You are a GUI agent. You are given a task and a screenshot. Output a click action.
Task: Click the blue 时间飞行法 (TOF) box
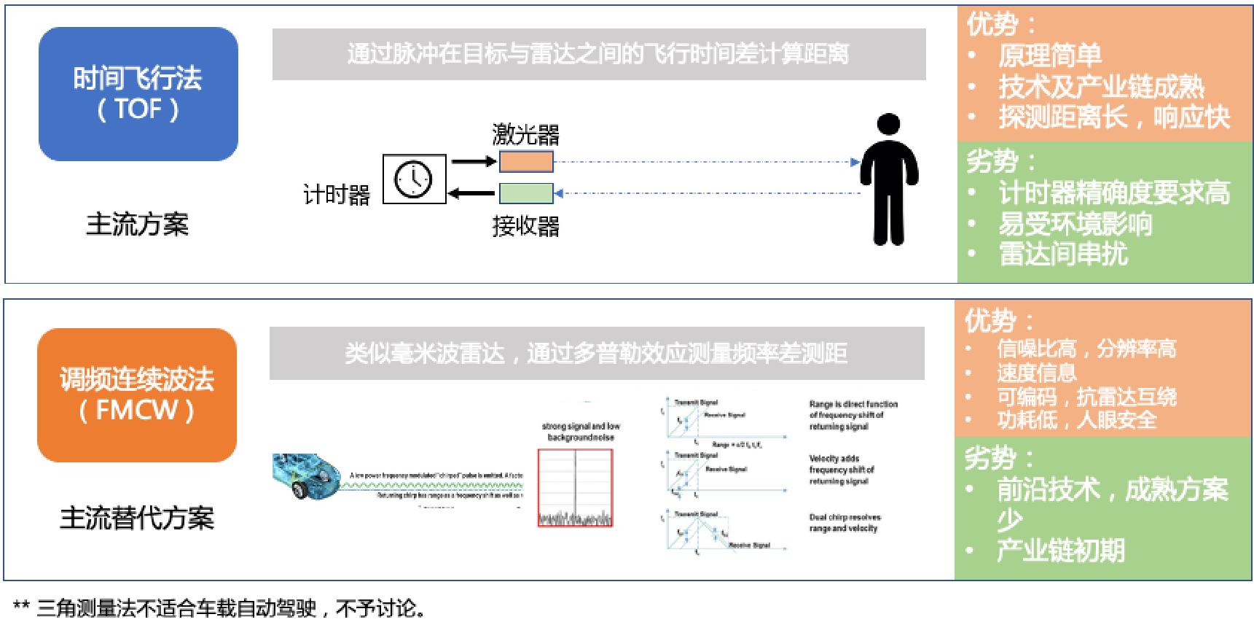(138, 94)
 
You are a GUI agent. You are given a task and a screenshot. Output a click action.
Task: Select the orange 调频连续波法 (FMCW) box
(137, 395)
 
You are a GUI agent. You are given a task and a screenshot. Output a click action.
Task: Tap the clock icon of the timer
(413, 179)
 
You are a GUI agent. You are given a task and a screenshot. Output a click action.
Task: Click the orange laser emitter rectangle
(525, 162)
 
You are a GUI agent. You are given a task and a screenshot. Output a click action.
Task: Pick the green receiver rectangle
(525, 193)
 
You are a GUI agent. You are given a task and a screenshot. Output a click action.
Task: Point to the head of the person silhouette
(888, 124)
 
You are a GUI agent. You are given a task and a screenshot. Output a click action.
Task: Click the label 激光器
(525, 135)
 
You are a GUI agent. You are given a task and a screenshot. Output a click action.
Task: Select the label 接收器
(525, 226)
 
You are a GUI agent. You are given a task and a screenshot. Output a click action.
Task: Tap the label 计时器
(337, 195)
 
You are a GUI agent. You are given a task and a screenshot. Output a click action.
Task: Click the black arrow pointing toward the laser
(473, 162)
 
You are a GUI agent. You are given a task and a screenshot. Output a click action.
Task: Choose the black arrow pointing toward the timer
(471, 193)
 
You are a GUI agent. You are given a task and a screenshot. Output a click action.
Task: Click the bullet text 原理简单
(1049, 55)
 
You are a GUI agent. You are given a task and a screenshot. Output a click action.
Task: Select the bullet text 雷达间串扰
(1062, 254)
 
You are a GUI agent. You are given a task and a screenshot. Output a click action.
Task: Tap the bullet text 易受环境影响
(1075, 223)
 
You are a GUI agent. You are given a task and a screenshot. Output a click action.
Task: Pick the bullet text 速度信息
(1036, 373)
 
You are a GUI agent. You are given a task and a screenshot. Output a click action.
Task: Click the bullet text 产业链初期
(1060, 550)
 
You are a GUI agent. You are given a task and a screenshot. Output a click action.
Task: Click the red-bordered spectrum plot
(575, 487)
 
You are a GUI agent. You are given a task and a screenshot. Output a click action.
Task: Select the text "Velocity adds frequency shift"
(841, 470)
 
